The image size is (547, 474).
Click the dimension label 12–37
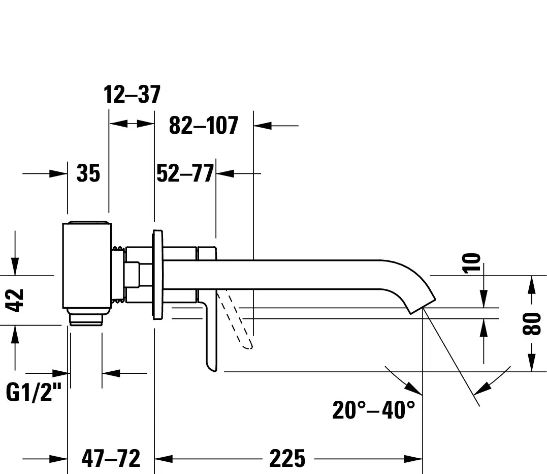[132, 95]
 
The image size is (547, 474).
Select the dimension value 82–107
[203, 126]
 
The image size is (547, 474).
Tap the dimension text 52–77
[185, 174]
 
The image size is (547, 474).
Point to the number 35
[88, 174]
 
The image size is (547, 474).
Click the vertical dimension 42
[16, 300]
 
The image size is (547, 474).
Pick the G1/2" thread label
[34, 392]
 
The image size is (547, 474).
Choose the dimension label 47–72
[111, 459]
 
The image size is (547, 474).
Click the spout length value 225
[287, 459]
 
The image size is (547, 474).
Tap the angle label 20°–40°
[373, 410]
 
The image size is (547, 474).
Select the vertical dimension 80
[531, 324]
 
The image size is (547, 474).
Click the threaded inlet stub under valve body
[87, 318]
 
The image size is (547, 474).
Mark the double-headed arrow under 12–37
[132, 124]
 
